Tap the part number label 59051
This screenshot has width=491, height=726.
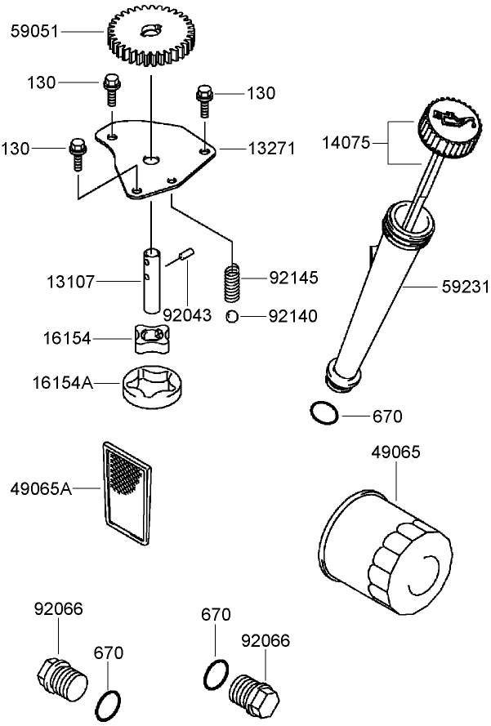(34, 32)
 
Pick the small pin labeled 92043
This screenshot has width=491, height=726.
(186, 256)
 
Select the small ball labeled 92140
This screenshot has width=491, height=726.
(232, 315)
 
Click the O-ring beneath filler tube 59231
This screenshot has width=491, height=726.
(324, 413)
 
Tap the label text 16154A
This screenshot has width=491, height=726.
(61, 381)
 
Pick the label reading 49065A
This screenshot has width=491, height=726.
(41, 489)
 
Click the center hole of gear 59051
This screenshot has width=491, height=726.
(150, 32)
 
